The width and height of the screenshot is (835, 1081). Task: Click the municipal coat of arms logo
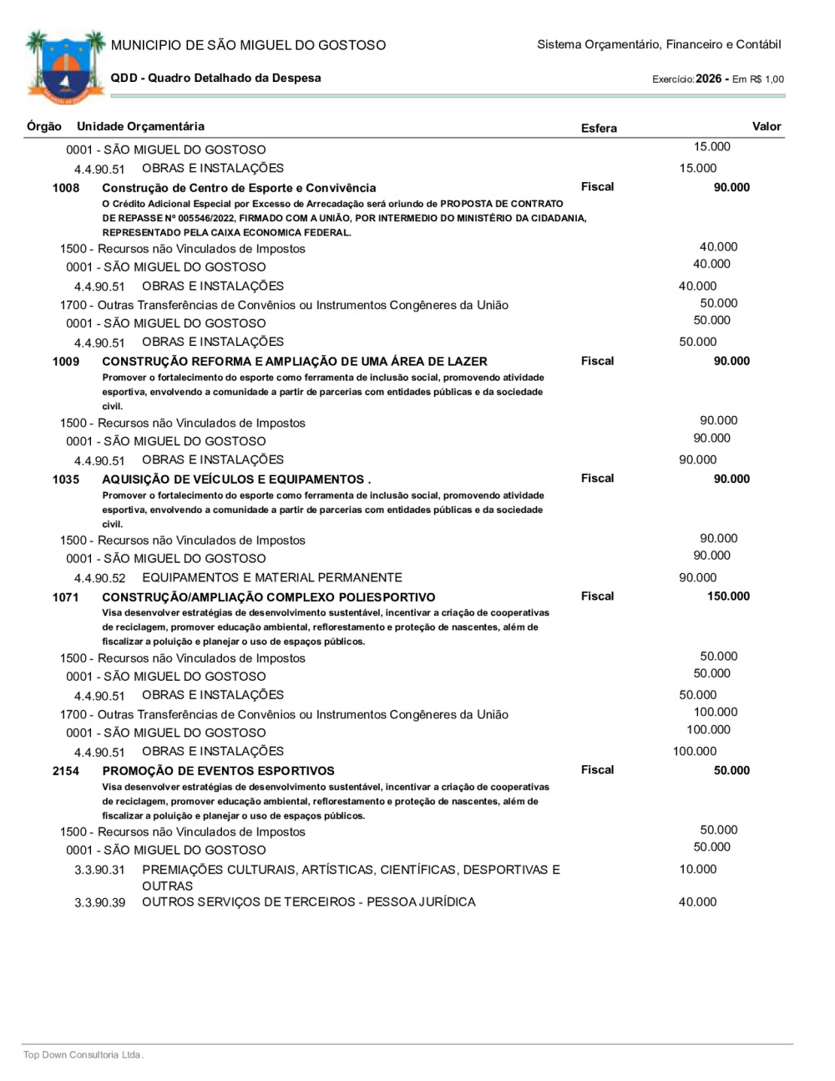[x=65, y=67]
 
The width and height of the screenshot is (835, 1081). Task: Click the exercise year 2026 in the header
[x=708, y=79]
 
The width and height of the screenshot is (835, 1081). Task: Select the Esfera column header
[x=599, y=128]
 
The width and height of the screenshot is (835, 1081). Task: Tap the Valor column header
[x=766, y=126]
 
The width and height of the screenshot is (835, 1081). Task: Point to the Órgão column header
[x=44, y=126]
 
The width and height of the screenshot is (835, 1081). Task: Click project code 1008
[x=66, y=188]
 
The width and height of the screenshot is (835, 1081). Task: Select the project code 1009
[x=66, y=362]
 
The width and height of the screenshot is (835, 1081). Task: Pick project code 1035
[x=66, y=480]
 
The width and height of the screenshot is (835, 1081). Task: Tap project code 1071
[x=66, y=597]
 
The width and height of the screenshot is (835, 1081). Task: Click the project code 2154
[x=66, y=771]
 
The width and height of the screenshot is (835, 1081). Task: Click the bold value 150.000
[x=728, y=596]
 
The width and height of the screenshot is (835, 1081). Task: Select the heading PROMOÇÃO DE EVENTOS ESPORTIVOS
[x=218, y=771]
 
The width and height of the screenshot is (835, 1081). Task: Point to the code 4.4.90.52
[x=99, y=578]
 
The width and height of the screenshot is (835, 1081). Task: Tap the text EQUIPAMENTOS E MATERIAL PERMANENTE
[x=272, y=578]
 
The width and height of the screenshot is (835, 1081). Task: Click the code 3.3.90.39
[x=99, y=903]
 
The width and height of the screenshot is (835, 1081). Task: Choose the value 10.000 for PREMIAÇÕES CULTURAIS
[x=697, y=870]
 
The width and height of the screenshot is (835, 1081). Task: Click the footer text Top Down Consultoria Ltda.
[x=83, y=1055]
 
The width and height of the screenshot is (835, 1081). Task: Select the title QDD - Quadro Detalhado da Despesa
[x=215, y=78]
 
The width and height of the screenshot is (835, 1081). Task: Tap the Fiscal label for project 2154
[x=597, y=770]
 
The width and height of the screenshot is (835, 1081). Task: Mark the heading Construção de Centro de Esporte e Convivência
[x=239, y=188]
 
